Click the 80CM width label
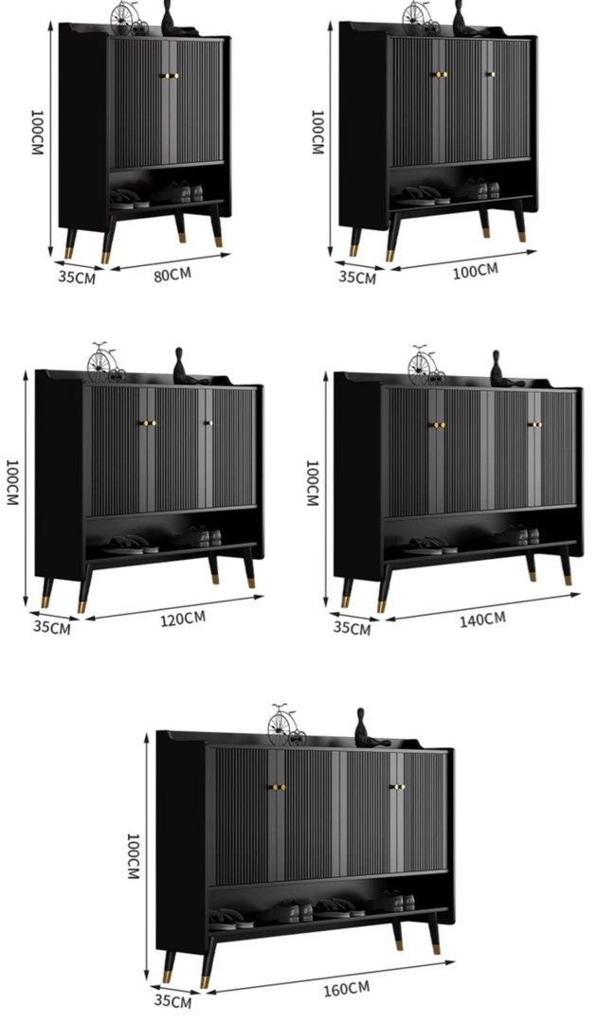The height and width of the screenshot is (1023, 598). coord(172,274)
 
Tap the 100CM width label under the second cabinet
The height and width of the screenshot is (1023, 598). coord(475,271)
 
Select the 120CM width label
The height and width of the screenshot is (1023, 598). coord(183,619)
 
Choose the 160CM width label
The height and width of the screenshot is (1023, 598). coord(346,989)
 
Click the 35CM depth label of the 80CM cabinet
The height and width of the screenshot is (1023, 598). coord(77,277)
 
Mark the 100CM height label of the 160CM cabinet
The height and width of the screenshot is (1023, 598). coord(133,856)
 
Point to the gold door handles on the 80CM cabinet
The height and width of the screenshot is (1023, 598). coord(169,76)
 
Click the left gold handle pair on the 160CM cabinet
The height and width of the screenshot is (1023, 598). coord(277,787)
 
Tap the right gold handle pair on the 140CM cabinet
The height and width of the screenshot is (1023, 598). coord(535,424)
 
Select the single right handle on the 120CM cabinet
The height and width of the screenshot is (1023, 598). coord(208,422)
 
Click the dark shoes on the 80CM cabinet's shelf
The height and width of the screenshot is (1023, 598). coord(176,192)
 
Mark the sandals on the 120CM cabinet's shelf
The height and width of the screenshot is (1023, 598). coord(131,545)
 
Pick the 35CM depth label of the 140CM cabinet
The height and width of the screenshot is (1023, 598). coord(352,628)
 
